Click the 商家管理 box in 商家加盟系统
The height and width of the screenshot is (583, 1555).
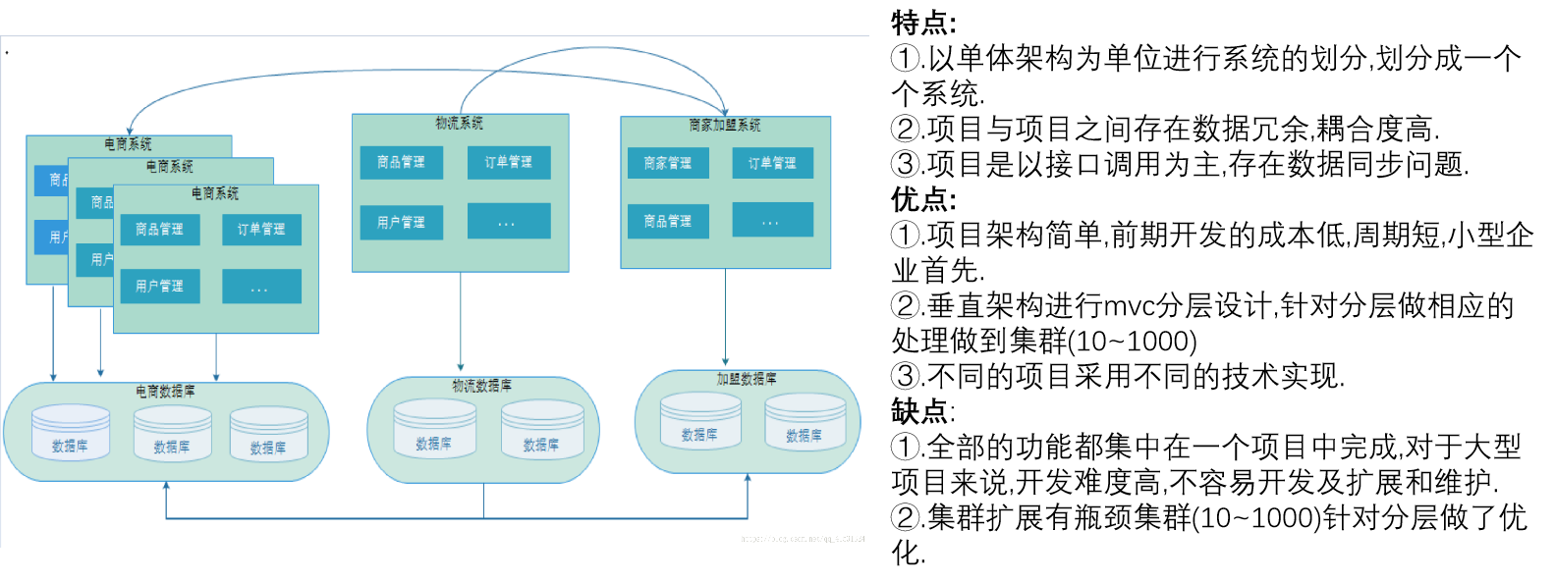tap(668, 163)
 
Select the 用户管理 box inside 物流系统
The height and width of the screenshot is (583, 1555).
tap(401, 223)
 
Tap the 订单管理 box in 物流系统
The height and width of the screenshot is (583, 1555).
tap(509, 162)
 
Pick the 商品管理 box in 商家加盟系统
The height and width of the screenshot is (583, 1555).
tap(668, 221)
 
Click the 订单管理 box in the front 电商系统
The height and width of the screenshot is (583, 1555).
tap(261, 229)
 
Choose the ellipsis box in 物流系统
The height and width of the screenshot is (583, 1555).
tap(509, 222)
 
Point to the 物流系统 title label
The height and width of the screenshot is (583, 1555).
tap(460, 123)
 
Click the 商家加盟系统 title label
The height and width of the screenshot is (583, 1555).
tap(725, 125)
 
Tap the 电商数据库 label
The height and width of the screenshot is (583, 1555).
tap(165, 391)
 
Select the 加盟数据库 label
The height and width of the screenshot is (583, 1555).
tap(747, 378)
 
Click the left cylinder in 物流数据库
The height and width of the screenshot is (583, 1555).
tap(434, 429)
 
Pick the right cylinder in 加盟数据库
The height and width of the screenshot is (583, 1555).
tap(805, 421)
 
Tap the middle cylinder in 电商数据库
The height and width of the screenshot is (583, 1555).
tap(172, 433)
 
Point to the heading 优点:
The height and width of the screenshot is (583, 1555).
tap(922, 199)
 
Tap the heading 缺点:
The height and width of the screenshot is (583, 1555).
tap(922, 411)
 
